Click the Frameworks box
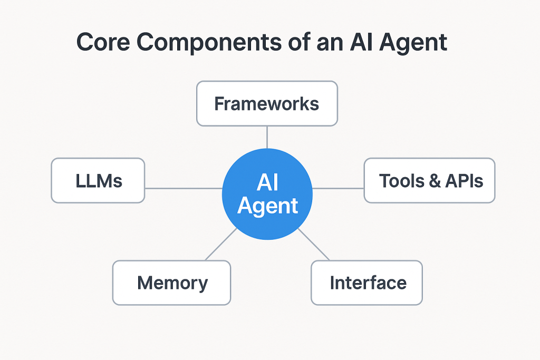(x=267, y=103)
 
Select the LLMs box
(x=98, y=181)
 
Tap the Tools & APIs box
(x=429, y=181)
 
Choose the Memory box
(x=172, y=283)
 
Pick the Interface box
(x=367, y=283)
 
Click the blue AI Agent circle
(x=267, y=194)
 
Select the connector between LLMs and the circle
(x=183, y=188)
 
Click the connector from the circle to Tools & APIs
(x=338, y=188)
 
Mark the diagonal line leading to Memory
(x=220, y=245)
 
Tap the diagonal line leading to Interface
(x=314, y=245)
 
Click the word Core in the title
(x=103, y=43)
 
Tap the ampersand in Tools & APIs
(x=435, y=181)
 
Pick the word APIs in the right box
(x=464, y=181)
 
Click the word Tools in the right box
(x=401, y=181)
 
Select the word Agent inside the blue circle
(x=267, y=206)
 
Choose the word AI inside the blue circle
(x=267, y=182)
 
